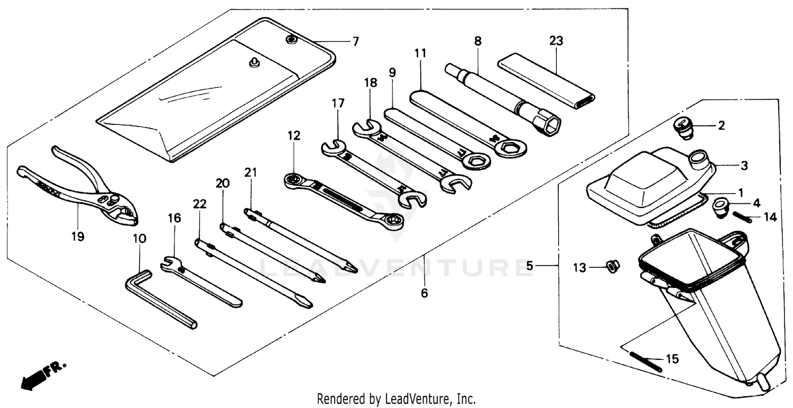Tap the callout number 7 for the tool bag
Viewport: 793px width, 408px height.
355,41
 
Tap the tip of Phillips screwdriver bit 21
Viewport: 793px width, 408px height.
351,269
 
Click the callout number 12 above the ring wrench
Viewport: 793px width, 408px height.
294,135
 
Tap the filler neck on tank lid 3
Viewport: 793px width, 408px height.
698,158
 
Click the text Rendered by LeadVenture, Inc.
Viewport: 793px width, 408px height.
396,398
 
